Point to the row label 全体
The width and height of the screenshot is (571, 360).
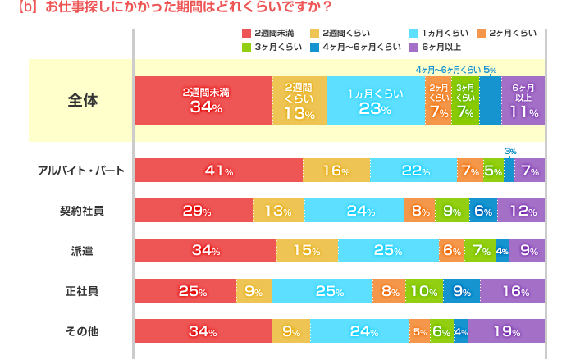[x=82, y=101]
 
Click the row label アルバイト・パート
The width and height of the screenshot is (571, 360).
[x=81, y=171]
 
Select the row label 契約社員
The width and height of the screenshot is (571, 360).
[x=82, y=211]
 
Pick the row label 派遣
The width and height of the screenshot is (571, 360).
[x=82, y=250]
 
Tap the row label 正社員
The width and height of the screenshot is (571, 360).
[x=82, y=289]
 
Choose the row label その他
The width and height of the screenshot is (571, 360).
[x=82, y=331]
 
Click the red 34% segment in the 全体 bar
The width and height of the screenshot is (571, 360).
[x=203, y=100]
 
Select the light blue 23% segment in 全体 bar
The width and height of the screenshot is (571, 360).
[x=375, y=100]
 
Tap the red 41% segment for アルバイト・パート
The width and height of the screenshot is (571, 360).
[x=217, y=171]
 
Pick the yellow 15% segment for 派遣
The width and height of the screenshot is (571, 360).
[x=307, y=250]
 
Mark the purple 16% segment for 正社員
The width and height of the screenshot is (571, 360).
[x=512, y=289]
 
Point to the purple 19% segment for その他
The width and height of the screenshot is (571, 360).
[x=505, y=331]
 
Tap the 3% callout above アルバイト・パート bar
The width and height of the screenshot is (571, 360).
[x=509, y=151]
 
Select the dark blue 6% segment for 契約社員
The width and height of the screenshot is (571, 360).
[x=482, y=211]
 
